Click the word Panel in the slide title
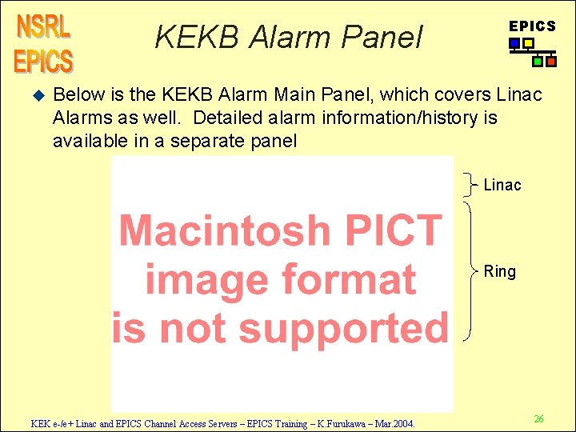tap(383, 36)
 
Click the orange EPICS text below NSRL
tap(43, 61)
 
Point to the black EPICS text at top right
tap(532, 26)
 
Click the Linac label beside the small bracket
tap(502, 186)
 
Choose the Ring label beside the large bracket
tap(500, 272)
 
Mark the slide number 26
tap(539, 419)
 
